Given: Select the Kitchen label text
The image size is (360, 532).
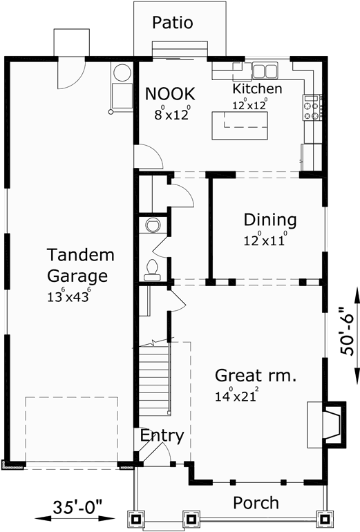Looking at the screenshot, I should (256, 89).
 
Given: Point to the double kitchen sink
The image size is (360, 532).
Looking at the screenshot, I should (264, 70).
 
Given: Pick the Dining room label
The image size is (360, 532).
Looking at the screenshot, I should (269, 220).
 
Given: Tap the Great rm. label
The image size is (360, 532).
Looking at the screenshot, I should (256, 376).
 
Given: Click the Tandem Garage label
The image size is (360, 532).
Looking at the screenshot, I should (80, 266).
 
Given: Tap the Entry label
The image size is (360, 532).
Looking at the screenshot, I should (162, 436).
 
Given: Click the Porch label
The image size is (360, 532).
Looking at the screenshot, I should (256, 502).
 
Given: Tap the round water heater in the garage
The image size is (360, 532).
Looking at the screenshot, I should (122, 73).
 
